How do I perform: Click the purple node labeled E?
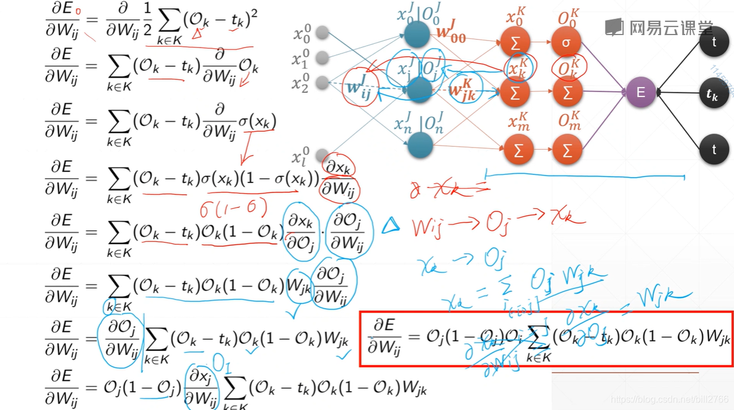pyautogui.click(x=640, y=92)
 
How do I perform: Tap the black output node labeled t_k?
pyautogui.click(x=713, y=93)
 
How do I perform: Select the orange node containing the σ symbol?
pyautogui.click(x=567, y=42)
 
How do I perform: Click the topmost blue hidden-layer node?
pyautogui.click(x=417, y=35)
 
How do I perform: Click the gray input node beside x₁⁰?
pyautogui.click(x=321, y=57)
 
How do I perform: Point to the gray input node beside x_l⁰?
pyautogui.click(x=321, y=156)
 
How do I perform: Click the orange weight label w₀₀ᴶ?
pyautogui.click(x=451, y=33)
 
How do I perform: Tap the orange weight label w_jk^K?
pyautogui.click(x=462, y=91)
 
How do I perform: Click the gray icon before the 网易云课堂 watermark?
pyautogui.click(x=614, y=26)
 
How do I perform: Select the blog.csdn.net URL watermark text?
pyautogui.click(x=669, y=399)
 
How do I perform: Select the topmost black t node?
pyautogui.click(x=714, y=43)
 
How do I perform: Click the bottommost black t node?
pyautogui.click(x=714, y=150)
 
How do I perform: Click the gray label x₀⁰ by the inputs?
pyautogui.click(x=302, y=35)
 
